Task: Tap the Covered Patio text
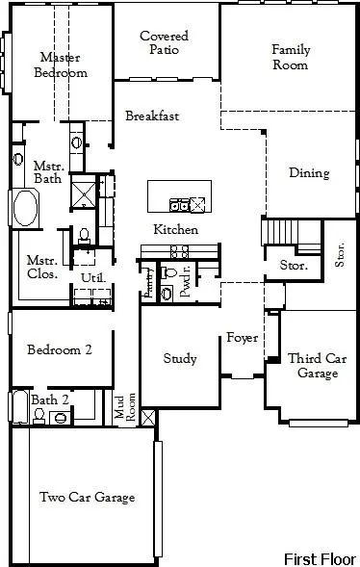point(164,43)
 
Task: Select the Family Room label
point(290,57)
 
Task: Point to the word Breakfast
point(152,116)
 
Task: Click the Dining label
point(309,173)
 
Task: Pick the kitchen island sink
point(179,203)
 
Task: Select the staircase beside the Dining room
point(279,233)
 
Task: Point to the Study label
point(179,359)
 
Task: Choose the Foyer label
point(240,338)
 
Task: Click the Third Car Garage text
point(317,366)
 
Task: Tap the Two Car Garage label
point(87,498)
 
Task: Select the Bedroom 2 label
point(59,350)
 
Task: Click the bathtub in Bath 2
point(18,408)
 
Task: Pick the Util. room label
point(92,278)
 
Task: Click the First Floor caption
point(320,558)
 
